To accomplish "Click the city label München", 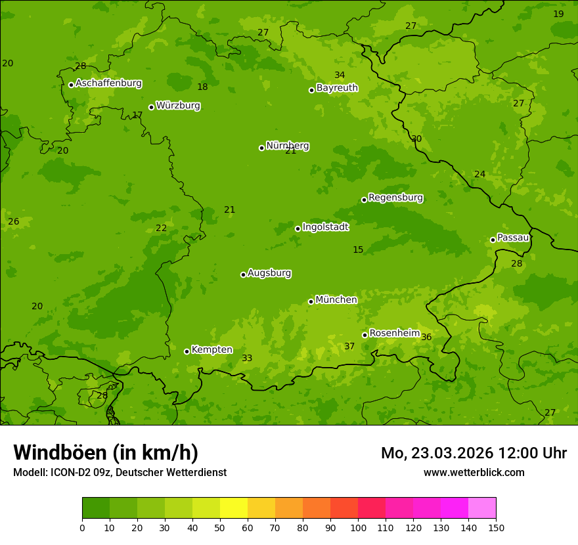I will click(336, 300).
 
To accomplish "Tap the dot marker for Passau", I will click(493, 240).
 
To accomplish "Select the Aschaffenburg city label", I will click(108, 83).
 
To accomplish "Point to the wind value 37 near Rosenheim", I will click(349, 347).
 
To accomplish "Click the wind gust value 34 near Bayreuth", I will click(340, 76).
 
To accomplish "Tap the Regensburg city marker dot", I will click(364, 200).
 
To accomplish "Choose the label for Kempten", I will click(211, 350).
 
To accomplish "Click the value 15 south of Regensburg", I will click(358, 250).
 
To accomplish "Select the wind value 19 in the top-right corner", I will click(558, 14).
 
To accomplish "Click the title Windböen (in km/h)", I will click(106, 452).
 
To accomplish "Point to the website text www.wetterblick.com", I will click(474, 473).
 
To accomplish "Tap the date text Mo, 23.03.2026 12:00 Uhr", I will click(474, 453).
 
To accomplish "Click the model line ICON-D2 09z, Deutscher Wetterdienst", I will click(120, 473).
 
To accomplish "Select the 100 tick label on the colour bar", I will click(358, 527).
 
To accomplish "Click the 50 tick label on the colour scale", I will click(220, 527).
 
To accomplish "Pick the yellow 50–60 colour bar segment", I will click(234, 508).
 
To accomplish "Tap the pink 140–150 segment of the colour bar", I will click(482, 508).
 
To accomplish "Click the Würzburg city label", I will click(178, 106).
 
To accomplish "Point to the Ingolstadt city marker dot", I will click(298, 229).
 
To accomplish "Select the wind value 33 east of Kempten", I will click(247, 359).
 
